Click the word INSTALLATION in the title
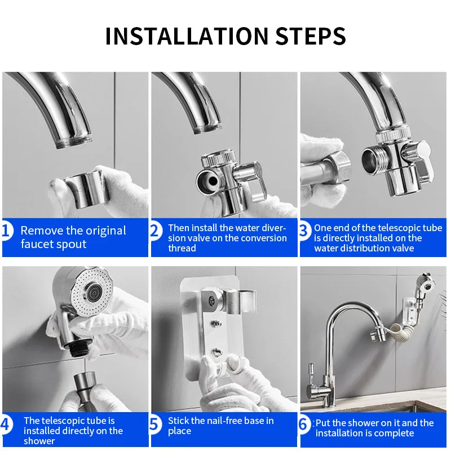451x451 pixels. (187, 36)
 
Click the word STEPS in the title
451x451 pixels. (311, 36)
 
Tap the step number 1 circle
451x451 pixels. (6, 231)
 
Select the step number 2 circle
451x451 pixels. (156, 231)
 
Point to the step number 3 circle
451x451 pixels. (305, 231)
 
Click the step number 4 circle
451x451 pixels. (6, 425)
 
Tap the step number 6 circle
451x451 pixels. (305, 425)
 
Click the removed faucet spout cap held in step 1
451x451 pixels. (86, 188)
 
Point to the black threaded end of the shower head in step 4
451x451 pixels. (78, 350)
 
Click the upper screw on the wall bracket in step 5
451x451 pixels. (216, 324)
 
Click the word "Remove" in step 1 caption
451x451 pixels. (42, 231)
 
